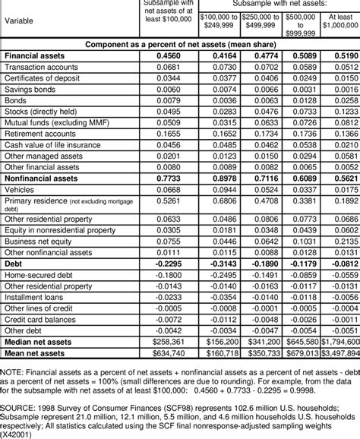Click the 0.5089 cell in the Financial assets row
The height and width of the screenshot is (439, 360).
pos(301,56)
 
